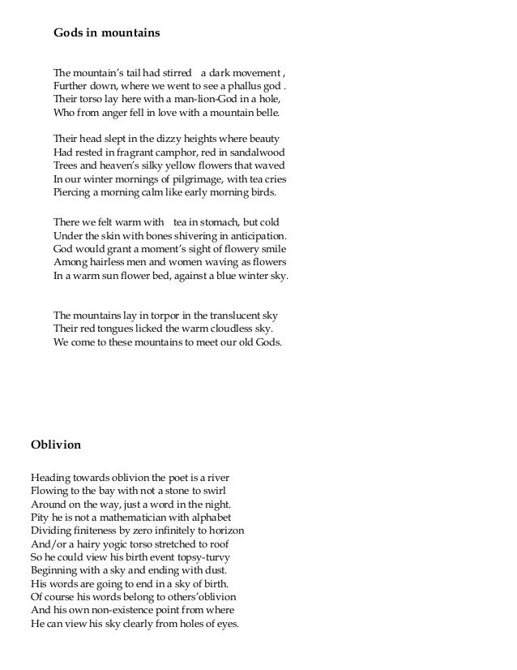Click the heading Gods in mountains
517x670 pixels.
[x=106, y=33]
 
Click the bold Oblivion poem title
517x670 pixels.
[x=55, y=445]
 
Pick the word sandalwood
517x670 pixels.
[x=257, y=152]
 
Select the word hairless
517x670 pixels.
[x=105, y=262]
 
